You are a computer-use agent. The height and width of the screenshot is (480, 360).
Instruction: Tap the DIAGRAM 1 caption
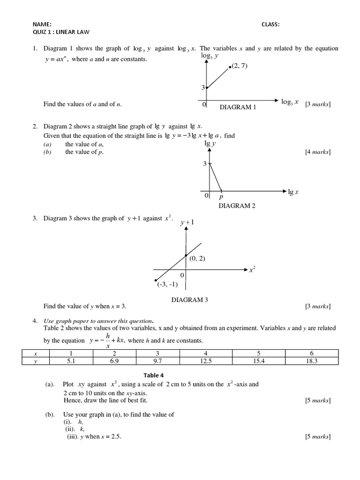pyautogui.click(x=238, y=107)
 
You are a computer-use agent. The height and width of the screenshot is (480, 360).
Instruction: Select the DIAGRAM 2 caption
pyautogui.click(x=237, y=205)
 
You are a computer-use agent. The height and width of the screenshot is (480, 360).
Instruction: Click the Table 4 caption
pyautogui.click(x=155, y=375)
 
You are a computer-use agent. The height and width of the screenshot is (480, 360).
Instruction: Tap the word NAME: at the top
pyautogui.click(x=42, y=25)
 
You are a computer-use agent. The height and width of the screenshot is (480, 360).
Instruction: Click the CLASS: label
pyautogui.click(x=270, y=25)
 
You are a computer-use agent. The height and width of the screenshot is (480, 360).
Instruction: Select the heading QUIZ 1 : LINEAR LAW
pyautogui.click(x=60, y=32)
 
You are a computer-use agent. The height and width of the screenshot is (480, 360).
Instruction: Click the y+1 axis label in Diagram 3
pyautogui.click(x=187, y=222)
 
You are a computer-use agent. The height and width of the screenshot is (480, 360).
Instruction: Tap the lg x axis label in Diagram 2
pyautogui.click(x=294, y=192)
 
